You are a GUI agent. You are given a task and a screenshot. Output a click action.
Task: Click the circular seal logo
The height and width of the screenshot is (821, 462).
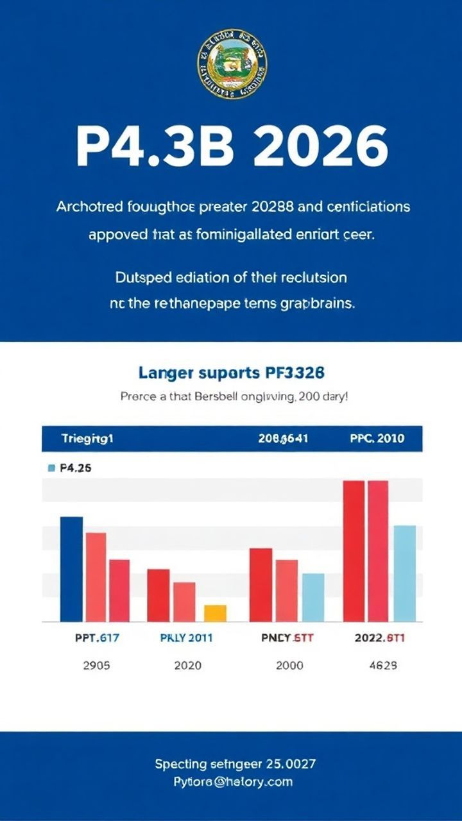pyautogui.click(x=232, y=63)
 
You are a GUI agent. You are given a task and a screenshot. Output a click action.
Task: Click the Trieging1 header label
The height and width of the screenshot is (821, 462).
pyautogui.click(x=87, y=439)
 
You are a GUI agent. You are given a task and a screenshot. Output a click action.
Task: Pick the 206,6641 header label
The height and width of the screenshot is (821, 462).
pyautogui.click(x=283, y=439)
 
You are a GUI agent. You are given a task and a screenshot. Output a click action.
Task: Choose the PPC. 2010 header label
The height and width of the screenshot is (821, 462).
pyautogui.click(x=377, y=439)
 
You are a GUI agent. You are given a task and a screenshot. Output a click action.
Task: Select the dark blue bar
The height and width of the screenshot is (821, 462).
pyautogui.click(x=71, y=569)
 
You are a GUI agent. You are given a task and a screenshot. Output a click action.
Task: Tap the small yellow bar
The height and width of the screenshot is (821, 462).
pyautogui.click(x=215, y=613)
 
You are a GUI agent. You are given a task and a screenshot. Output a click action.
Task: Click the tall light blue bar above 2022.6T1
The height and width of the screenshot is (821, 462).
pyautogui.click(x=404, y=573)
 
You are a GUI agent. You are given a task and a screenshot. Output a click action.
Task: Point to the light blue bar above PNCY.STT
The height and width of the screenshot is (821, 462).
pyautogui.click(x=313, y=597)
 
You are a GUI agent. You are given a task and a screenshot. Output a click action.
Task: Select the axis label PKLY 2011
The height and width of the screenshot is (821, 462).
pyautogui.click(x=186, y=638)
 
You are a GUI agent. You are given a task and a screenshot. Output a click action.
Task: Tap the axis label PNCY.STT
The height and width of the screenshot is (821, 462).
pyautogui.click(x=286, y=638)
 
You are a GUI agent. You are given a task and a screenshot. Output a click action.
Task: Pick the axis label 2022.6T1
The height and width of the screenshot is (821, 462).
pyautogui.click(x=379, y=638)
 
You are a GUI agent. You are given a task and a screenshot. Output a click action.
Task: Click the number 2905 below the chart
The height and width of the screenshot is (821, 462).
pyautogui.click(x=96, y=666)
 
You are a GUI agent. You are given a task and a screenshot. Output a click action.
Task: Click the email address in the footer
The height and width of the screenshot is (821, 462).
pyautogui.click(x=233, y=782)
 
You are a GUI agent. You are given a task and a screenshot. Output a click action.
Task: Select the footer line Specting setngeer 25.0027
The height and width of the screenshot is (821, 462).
pyautogui.click(x=235, y=764)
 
